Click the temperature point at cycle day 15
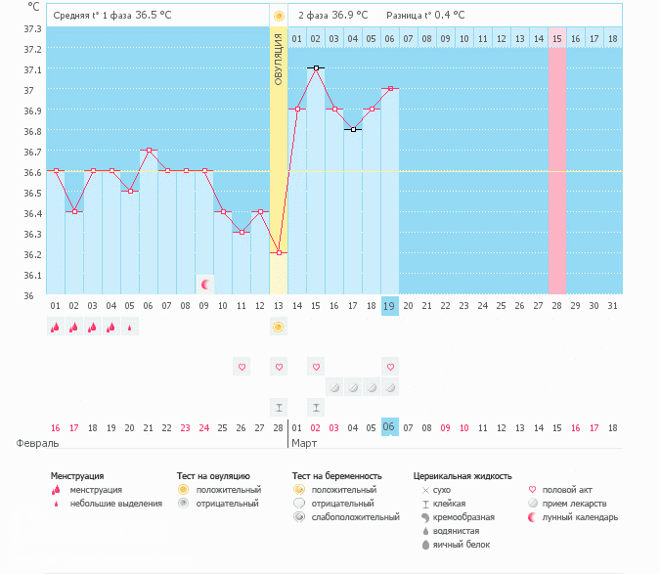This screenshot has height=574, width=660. pyautogui.click(x=316, y=68)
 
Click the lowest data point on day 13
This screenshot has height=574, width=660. pyautogui.click(x=279, y=253)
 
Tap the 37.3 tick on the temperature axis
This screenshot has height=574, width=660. pyautogui.click(x=32, y=27)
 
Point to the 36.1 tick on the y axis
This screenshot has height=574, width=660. pyautogui.click(x=32, y=275)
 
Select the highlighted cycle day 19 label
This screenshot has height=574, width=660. pyautogui.click(x=390, y=306)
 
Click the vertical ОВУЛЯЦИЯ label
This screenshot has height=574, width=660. pyautogui.click(x=279, y=59)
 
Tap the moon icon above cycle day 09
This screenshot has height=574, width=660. pyautogui.click(x=205, y=285)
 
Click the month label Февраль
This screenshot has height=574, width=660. pyautogui.click(x=34, y=443)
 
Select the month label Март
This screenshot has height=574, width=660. pyautogui.click(x=303, y=443)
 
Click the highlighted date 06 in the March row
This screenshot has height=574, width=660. pyautogui.click(x=390, y=427)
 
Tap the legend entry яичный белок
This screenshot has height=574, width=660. pyautogui.click(x=459, y=545)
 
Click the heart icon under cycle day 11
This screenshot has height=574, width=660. pyautogui.click(x=242, y=367)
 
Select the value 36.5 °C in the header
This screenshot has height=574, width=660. pyautogui.click(x=154, y=15)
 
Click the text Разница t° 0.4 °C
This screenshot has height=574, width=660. pyautogui.click(x=425, y=15)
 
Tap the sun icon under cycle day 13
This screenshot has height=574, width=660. pyautogui.click(x=279, y=328)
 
